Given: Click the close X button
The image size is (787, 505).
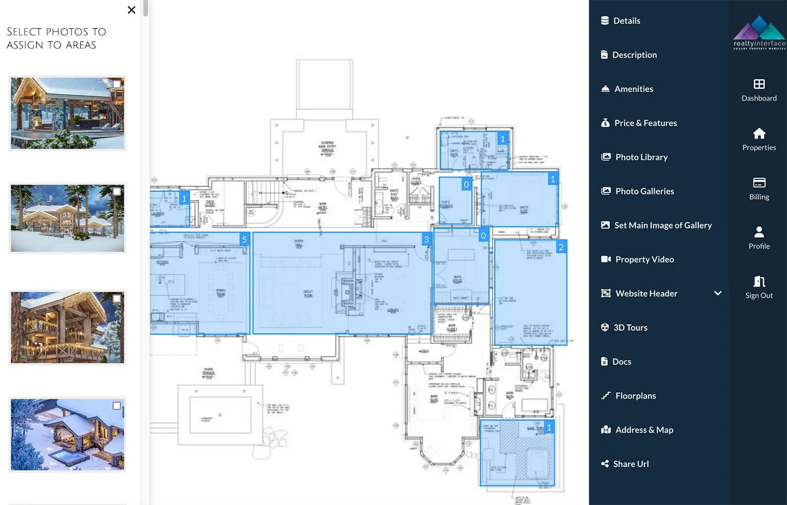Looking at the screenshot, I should [x=131, y=10].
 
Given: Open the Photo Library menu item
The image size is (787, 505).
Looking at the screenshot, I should [x=641, y=157].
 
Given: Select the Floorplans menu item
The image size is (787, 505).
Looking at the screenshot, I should [x=635, y=396].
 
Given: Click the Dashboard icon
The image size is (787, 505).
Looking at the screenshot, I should [x=759, y=85].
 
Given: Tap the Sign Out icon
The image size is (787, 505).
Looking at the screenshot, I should [x=759, y=282].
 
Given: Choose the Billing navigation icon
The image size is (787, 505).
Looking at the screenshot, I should [x=759, y=183].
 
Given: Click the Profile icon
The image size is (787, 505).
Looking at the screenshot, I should [x=759, y=233].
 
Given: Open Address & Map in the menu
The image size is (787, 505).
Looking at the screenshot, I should [x=644, y=430].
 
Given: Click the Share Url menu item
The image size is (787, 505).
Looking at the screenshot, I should [x=631, y=464].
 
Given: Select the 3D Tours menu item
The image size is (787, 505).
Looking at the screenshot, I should [x=630, y=328].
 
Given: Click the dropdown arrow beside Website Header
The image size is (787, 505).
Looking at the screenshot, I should [x=717, y=293].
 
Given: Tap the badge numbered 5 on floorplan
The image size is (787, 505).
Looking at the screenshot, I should [x=244, y=240].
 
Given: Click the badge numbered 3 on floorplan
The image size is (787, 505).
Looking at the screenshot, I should [x=426, y=240].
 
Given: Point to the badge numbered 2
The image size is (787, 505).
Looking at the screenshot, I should [x=561, y=247].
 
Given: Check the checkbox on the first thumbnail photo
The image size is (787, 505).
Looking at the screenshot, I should [x=116, y=84].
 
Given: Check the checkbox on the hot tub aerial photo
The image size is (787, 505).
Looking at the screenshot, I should [x=116, y=406].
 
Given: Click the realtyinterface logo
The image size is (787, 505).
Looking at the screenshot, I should [x=759, y=33].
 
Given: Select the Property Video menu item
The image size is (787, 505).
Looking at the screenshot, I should [x=644, y=259].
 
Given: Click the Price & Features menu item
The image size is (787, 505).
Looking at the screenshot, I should [x=645, y=123].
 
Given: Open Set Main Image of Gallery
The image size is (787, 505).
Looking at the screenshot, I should [x=662, y=225].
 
